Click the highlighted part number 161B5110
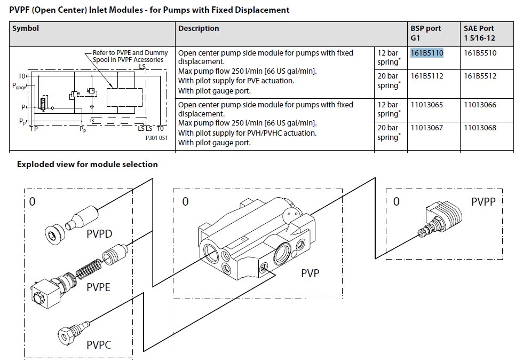pos(426,53)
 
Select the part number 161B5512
pos(480,76)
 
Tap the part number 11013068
pos(480,128)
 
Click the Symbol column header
pos(26,28)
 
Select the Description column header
pos(199,28)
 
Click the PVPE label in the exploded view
pos(98,287)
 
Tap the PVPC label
pos(99,345)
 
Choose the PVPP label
pos(484,201)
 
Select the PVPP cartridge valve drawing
pos(440,218)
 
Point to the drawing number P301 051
pos(156,138)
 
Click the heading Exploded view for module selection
pos(87,164)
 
